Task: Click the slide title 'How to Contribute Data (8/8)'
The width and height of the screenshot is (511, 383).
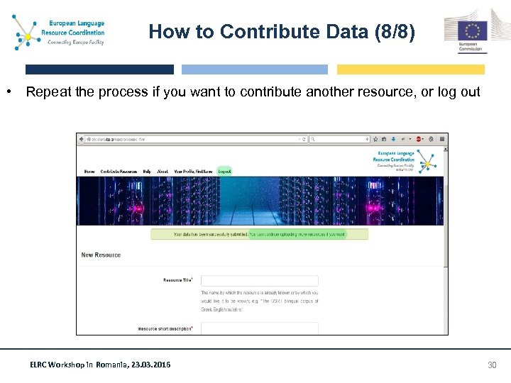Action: coord(282,32)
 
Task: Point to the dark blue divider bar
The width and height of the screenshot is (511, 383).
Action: coord(99,70)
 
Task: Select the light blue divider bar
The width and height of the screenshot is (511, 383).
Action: coord(255,70)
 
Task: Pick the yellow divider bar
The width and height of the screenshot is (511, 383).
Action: coord(410,70)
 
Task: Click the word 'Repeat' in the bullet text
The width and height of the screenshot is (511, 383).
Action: coord(48,92)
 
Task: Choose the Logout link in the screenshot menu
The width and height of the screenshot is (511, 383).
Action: coord(224,172)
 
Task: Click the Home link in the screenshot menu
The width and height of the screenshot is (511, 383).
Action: coord(89,172)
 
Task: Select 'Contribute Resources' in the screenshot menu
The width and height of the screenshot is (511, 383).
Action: coord(119,172)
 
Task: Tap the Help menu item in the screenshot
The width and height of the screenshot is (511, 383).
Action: coord(147,172)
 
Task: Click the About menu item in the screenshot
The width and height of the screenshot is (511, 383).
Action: coord(163,172)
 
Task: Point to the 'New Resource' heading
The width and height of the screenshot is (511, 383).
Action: coord(101,255)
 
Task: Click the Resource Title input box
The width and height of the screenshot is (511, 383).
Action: coord(260,280)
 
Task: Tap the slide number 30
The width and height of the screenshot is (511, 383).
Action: coord(493,365)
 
